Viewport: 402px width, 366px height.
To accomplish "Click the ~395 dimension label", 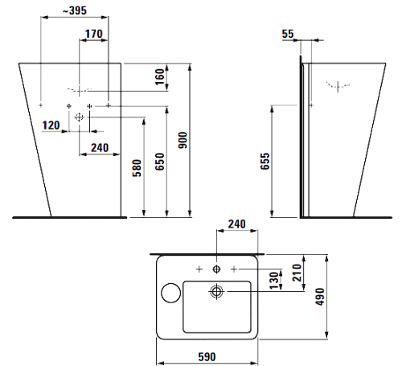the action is [x=75, y=10].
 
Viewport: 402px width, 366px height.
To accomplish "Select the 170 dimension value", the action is [x=94, y=34].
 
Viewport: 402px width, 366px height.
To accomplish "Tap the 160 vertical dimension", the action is [x=160, y=76].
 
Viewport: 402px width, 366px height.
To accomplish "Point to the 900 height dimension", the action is [x=183, y=140].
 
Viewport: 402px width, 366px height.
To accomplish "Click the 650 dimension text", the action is [x=160, y=162].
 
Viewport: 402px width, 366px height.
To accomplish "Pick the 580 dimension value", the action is [x=137, y=168].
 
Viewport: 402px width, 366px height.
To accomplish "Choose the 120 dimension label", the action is [x=51, y=125].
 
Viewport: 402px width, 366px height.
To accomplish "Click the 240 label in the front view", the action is [x=100, y=148].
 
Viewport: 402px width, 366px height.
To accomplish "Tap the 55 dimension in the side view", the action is [x=288, y=34].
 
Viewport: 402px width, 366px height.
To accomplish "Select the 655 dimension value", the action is [x=265, y=161].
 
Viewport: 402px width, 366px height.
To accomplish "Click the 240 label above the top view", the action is [x=237, y=224].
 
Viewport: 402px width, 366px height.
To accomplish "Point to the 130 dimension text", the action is [x=274, y=281].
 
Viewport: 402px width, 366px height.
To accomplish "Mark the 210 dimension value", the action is [x=297, y=273].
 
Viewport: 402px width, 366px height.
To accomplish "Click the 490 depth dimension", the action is [x=320, y=297].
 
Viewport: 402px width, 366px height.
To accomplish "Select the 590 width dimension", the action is [x=207, y=357].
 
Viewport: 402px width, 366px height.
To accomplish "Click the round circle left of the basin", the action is [x=171, y=293].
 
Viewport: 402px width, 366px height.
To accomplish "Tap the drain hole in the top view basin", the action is [x=216, y=291].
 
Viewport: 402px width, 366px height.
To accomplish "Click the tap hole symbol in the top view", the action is [x=216, y=269].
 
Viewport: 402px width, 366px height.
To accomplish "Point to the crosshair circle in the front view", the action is [x=79, y=117].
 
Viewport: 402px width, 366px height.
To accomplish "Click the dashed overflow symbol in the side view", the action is [x=338, y=86].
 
